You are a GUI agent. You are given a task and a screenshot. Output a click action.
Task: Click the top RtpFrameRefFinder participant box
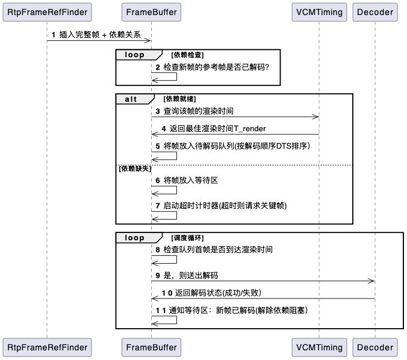pos(46,12)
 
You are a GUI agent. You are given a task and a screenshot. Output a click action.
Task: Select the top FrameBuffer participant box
pos(151,12)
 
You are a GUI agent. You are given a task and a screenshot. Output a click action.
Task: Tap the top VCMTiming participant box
pos(318,12)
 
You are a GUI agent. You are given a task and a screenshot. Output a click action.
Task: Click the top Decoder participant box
pos(374,12)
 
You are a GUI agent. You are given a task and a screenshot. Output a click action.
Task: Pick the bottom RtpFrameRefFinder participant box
pos(46,347)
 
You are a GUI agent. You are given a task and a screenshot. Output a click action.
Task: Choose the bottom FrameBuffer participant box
pos(151,347)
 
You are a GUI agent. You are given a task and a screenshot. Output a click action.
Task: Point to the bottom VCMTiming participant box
pos(318,347)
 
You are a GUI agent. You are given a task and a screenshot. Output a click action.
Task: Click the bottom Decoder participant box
pos(374,347)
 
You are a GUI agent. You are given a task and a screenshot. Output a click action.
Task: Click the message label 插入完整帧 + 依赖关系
pos(100,35)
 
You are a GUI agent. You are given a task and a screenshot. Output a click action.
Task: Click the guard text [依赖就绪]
pos(179,98)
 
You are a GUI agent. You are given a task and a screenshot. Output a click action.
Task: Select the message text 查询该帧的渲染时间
pos(198,111)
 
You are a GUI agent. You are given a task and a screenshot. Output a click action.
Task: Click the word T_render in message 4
pos(246,129)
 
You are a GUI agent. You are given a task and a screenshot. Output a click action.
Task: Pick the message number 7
pos(158,205)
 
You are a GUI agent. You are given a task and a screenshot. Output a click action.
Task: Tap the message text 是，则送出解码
pos(190,275)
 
